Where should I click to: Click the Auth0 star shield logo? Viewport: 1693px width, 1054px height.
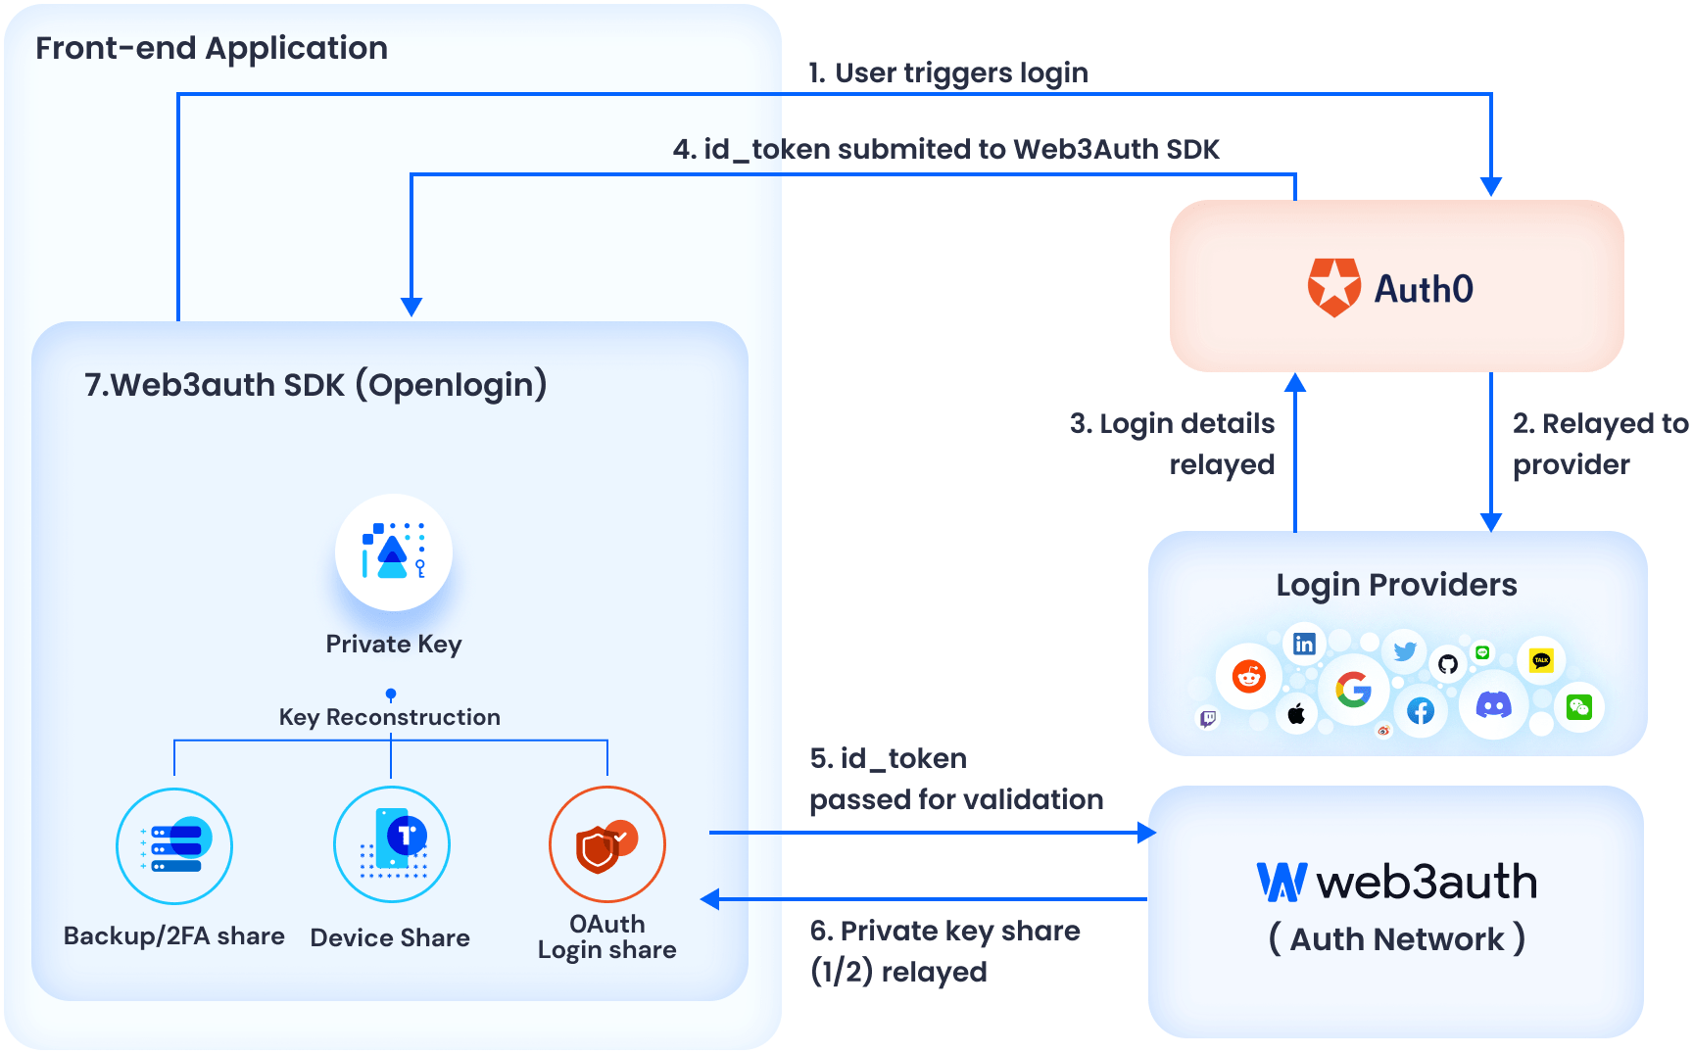click(1334, 287)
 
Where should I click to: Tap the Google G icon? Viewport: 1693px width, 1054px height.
click(1353, 690)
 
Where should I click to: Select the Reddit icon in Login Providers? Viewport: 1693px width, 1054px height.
click(1249, 676)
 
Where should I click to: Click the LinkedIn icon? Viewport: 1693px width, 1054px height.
click(1304, 644)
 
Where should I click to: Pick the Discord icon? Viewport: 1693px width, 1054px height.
click(1493, 704)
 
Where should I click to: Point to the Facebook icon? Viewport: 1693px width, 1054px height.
click(1421, 711)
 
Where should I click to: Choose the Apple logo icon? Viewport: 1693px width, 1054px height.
click(1296, 714)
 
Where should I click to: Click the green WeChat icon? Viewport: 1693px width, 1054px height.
click(1578, 706)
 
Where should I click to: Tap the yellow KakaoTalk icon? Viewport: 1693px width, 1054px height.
click(1541, 660)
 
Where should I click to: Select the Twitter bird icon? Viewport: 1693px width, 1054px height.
click(1405, 651)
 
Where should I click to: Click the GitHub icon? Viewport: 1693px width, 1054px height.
click(1448, 664)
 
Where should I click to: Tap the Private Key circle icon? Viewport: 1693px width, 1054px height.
click(393, 552)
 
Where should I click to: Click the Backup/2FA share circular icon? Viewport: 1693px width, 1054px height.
click(174, 845)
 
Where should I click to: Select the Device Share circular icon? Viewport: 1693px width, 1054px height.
click(391, 844)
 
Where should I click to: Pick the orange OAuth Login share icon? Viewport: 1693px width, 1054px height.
click(606, 844)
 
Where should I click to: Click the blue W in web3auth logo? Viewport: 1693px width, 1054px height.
click(1282, 882)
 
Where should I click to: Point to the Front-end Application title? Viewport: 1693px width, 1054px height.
click(212, 48)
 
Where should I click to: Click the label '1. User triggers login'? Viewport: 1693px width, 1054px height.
click(947, 72)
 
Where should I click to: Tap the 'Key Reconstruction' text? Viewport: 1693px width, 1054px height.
click(389, 717)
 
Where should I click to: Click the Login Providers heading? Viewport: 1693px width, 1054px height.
click(1396, 585)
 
